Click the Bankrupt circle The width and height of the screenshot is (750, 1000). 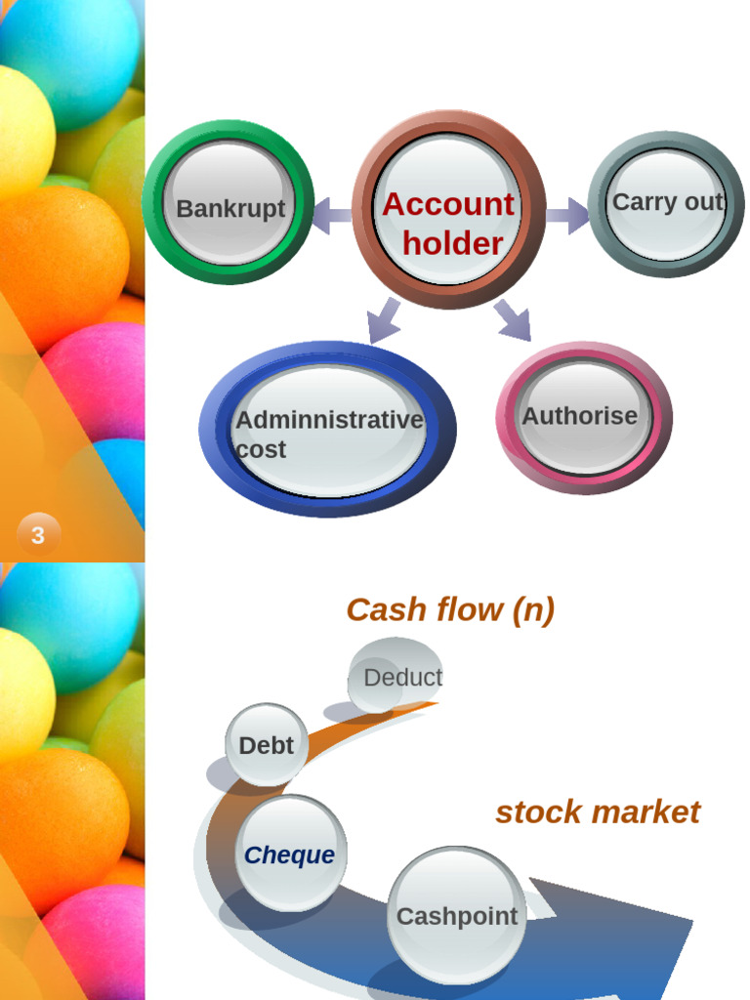pyautogui.click(x=229, y=203)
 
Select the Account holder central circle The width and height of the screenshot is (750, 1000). pyautogui.click(x=449, y=209)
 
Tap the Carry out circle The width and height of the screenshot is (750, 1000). pyautogui.click(x=666, y=204)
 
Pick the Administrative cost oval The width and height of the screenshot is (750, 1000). pyautogui.click(x=328, y=430)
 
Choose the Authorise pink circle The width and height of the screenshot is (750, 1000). pyautogui.click(x=584, y=418)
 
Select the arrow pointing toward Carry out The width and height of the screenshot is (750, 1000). pyautogui.click(x=568, y=216)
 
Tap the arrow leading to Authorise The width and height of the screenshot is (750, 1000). pyautogui.click(x=514, y=319)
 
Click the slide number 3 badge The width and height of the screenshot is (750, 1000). pyautogui.click(x=38, y=534)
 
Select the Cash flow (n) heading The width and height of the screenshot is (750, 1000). pyautogui.click(x=450, y=609)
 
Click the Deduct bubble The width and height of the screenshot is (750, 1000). pyautogui.click(x=396, y=676)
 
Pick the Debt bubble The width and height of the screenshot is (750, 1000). pyautogui.click(x=267, y=744)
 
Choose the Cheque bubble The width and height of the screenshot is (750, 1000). pyautogui.click(x=291, y=854)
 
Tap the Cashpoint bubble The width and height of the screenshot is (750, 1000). pyautogui.click(x=457, y=916)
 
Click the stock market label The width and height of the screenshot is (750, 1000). pyautogui.click(x=598, y=812)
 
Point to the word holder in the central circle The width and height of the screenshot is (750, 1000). pyautogui.click(x=453, y=243)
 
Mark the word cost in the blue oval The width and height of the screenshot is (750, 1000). pyautogui.click(x=261, y=449)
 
